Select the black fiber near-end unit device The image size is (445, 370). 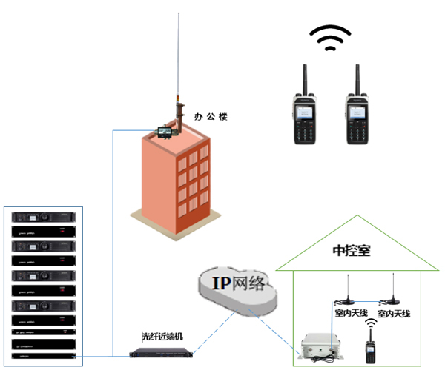[156, 351]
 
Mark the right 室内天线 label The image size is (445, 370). [394, 314]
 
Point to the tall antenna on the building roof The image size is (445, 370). [177, 59]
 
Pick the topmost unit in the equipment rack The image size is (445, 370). [44, 218]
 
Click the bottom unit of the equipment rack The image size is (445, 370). [44, 356]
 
